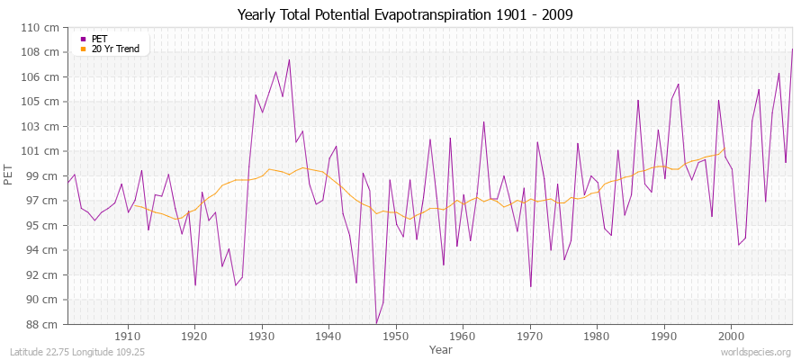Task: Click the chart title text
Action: (404, 14)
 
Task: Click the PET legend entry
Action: (99, 39)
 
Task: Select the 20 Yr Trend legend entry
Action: (115, 49)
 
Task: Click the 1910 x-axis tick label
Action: (128, 335)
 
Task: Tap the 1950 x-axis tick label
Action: (396, 335)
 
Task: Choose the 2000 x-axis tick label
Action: (731, 335)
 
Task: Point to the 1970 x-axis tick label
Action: (530, 335)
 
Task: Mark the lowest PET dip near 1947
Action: (376, 323)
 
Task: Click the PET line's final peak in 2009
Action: (792, 49)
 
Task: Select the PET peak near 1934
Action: (289, 60)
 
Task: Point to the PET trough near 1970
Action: (531, 286)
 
